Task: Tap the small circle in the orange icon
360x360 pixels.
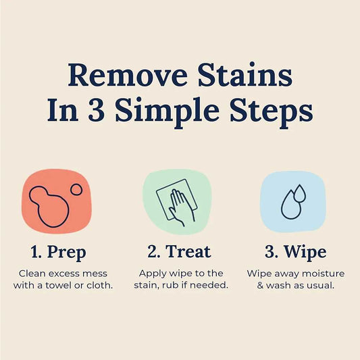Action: [76, 190]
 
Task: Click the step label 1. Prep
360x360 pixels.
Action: [58, 253]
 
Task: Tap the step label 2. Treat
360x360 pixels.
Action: [179, 253]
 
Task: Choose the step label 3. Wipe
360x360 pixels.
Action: [295, 253]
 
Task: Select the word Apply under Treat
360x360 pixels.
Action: [152, 274]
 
